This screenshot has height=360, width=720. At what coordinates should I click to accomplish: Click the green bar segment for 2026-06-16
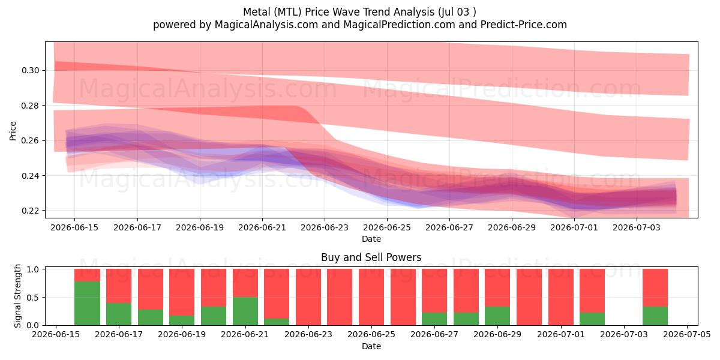(x=87, y=304)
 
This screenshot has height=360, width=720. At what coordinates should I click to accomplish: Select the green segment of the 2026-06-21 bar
(x=245, y=311)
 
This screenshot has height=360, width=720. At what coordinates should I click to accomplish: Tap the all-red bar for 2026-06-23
(x=308, y=297)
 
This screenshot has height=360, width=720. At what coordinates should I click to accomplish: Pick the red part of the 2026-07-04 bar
(x=655, y=287)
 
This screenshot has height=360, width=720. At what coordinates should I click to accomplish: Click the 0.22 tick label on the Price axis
(x=31, y=211)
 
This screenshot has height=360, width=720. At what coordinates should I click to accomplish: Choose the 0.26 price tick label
(x=31, y=141)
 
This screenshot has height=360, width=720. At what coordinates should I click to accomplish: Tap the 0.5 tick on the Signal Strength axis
(x=33, y=298)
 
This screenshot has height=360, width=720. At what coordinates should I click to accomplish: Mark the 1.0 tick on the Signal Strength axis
(x=33, y=269)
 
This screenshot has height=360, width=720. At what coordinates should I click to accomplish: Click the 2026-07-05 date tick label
(x=687, y=335)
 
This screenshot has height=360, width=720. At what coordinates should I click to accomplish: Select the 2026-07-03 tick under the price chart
(x=637, y=227)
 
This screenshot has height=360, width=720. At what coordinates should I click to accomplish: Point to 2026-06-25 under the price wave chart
(x=387, y=227)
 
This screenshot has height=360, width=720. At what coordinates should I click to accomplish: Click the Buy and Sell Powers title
(x=371, y=257)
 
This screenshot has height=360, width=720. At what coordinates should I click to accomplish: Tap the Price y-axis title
(x=13, y=131)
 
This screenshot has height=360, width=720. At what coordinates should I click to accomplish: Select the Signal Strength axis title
(x=17, y=296)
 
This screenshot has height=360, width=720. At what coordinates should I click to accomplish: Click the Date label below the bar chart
(x=371, y=347)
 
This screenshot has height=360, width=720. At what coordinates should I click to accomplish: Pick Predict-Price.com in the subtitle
(x=524, y=25)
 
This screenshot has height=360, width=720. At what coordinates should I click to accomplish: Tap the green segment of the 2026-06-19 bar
(x=182, y=320)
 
